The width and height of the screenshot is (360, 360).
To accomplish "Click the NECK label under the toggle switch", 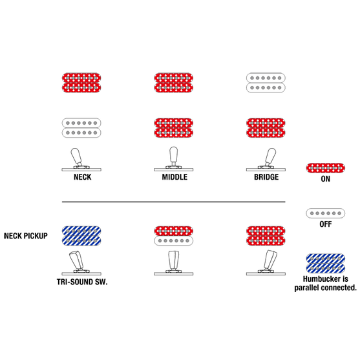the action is tap(83, 177).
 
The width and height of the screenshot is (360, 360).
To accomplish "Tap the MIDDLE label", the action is tap(175, 177).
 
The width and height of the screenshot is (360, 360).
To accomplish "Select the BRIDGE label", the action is tap(266, 177).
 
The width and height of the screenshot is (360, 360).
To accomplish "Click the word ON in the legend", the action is tap(325, 179).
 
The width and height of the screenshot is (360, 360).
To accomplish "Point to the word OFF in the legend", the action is tap(325, 224).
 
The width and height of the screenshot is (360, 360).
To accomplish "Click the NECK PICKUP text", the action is tap(26, 236).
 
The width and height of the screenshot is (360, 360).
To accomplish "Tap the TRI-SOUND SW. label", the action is tap(82, 282).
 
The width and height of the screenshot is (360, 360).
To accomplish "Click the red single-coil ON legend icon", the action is tap(325, 168).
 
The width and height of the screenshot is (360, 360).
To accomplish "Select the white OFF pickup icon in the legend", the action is tap(325, 213).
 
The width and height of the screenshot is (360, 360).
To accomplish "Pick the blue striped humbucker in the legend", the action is tap(325, 263).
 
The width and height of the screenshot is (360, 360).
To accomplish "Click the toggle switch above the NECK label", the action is tap(81, 160).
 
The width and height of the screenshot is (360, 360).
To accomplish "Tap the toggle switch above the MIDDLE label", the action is tap(174, 159).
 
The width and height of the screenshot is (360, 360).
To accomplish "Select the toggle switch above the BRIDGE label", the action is tap(266, 160).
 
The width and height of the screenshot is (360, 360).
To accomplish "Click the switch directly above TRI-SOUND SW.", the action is tap(81, 263).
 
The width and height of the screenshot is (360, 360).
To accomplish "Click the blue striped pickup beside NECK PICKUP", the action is tap(81, 236).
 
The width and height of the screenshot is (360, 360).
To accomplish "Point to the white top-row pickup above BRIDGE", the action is tap(266, 83).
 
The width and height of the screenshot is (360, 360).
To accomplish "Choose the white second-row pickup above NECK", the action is tap(81, 128).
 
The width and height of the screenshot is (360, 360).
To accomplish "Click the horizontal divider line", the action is tap(174, 202).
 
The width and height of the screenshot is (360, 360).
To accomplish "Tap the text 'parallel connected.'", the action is tap(325, 288).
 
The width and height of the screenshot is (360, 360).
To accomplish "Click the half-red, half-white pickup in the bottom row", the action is tap(174, 236).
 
